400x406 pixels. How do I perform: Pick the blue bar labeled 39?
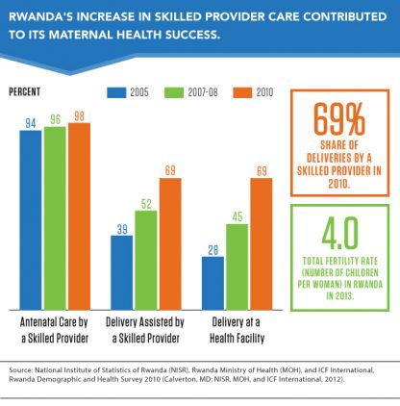click(x=122, y=268)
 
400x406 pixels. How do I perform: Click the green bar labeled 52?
click(x=146, y=256)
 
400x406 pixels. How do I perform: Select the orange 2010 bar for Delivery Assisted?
click(x=170, y=241)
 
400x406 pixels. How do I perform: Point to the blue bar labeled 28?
click(x=214, y=279)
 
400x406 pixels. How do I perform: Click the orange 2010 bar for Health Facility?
click(x=262, y=241)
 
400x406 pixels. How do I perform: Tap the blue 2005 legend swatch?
click(x=117, y=93)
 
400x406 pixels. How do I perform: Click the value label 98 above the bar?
click(x=79, y=115)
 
